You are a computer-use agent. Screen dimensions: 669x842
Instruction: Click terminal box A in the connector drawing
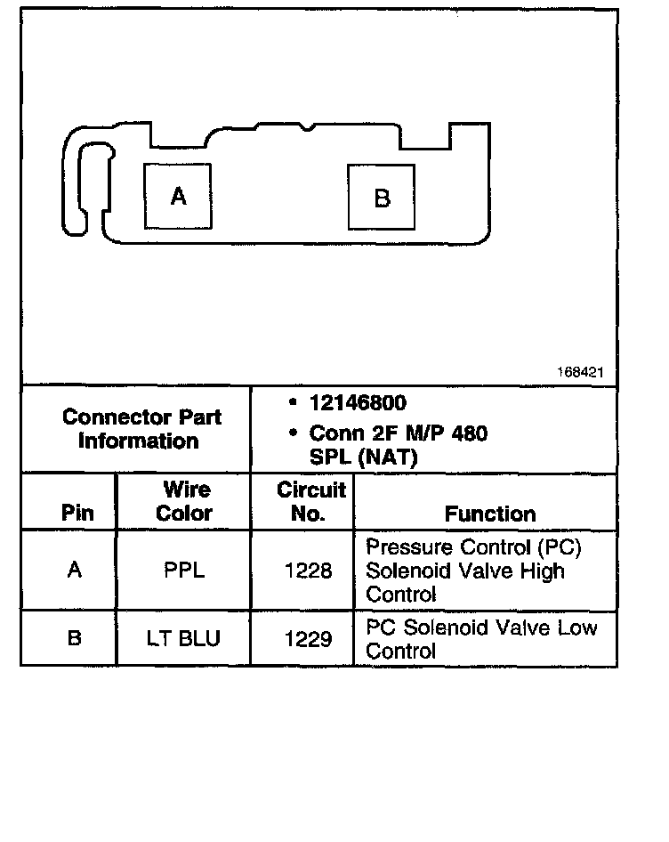178,196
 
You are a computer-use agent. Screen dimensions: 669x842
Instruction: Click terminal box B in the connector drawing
382,198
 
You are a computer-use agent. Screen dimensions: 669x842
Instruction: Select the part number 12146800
358,403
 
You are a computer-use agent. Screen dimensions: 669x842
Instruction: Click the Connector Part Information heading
141,429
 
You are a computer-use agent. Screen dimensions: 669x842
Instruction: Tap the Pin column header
77,514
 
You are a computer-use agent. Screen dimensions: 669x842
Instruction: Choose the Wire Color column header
185,501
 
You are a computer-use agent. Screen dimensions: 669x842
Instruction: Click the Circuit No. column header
310,501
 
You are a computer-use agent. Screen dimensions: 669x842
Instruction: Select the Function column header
490,514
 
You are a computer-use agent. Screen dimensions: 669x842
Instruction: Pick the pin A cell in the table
75,570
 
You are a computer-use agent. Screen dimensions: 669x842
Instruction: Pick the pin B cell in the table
75,638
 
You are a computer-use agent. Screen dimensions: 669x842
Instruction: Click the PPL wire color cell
184,570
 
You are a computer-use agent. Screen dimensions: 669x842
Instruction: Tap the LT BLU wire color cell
184,638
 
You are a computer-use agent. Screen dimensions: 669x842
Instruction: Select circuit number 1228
308,570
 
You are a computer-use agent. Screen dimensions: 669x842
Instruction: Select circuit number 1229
308,638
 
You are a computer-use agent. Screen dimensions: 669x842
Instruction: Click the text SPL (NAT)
363,457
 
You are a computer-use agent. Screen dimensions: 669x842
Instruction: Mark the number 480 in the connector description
469,433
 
